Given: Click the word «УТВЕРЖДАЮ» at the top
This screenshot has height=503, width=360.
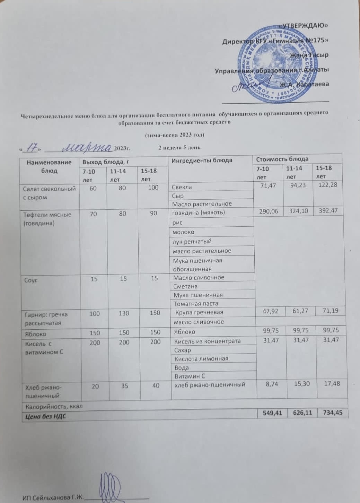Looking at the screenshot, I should pos(304,25).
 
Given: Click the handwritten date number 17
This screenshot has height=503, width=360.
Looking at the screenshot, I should pos(32,148).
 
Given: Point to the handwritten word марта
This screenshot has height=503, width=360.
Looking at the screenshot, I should pos(88,147).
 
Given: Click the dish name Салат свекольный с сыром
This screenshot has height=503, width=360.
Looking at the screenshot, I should pos(49,193).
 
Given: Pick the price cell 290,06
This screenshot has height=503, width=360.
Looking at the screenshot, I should pos(268,211).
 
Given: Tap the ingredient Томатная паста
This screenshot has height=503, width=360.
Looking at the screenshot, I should pos(196,303).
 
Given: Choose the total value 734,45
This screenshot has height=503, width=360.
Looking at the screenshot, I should pos(332,413).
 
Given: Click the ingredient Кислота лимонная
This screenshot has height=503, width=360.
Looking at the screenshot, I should pos(201,358).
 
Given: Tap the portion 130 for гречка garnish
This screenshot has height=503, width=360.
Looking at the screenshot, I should pos(124,313).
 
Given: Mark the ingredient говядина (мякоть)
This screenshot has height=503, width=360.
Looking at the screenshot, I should pos(199,213).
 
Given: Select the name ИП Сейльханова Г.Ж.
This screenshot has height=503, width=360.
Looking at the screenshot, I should pos(53,498).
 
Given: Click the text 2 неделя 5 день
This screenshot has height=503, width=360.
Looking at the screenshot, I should pos(179,148).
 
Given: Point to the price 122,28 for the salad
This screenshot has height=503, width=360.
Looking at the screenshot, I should pos(328,185).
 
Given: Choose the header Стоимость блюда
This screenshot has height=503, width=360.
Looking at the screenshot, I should pos(282,159).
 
